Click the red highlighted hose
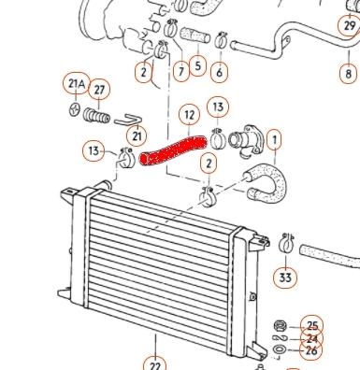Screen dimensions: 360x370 pos(173,150)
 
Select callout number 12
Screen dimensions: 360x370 pos(190,116)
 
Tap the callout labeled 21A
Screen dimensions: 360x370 pos(77,83)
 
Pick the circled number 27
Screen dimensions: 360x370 pos(99,90)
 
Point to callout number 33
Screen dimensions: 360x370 pos(285,277)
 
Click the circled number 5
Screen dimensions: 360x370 pos(197,65)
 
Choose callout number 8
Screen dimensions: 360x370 pos(349,74)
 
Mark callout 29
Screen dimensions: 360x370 pos(349,25)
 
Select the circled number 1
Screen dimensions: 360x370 pos(274,139)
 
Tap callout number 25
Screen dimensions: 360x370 pos(311,326)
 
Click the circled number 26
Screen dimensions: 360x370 pos(311,350)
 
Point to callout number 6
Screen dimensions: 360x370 pos(220,72)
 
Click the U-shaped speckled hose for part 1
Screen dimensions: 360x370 pos(268,182)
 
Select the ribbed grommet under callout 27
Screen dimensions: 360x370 pos(96,115)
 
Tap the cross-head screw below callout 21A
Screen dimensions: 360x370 pos(75,109)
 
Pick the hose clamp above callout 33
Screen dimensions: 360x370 pos(286,243)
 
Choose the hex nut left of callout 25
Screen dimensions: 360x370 pos(280,326)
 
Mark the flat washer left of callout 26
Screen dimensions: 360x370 pos(279,349)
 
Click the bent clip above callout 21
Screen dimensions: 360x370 pos(128,120)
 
